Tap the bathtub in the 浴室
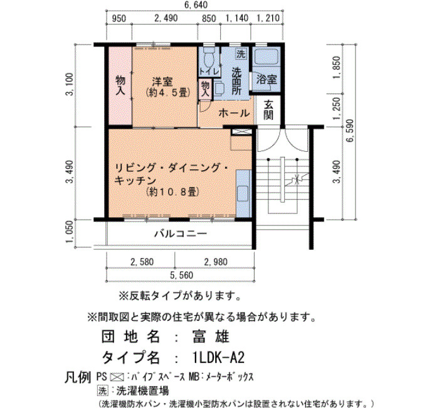pos(267,56)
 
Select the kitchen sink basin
pos(243,193)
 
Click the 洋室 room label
pos(162,82)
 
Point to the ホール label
pos(234,113)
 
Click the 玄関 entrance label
pos(268,110)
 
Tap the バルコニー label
pos(181,234)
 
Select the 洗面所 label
pos(236,81)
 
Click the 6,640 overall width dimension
pos(196,5)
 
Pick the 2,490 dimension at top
pos(166,18)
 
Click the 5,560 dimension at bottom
pos(181,275)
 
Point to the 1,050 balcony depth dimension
pos(70,232)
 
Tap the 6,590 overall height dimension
pos(350,131)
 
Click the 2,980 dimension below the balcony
pos(216,262)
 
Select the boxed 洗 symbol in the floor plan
pos(241,53)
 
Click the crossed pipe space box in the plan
pos(242,131)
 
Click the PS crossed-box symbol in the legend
pos(117,377)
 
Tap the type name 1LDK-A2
pos(219,358)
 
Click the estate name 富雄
pos(211,336)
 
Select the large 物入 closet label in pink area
pos(120,85)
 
